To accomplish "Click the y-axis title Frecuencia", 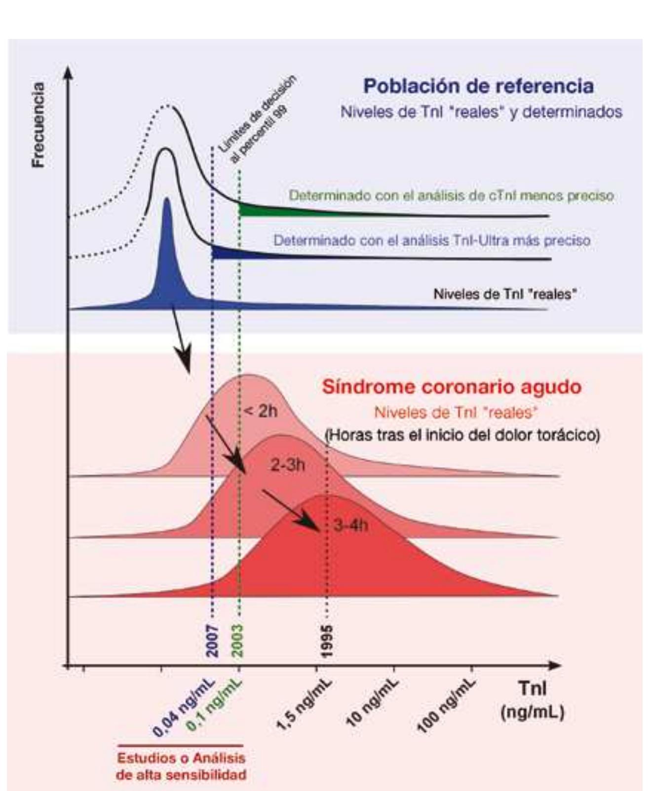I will pyautogui.click(x=38, y=125).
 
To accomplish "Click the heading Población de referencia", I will pyautogui.click(x=478, y=86).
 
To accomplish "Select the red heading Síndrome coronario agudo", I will pyautogui.click(x=451, y=386).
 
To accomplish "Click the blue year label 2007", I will pyautogui.click(x=212, y=640).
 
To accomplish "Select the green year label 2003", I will pyautogui.click(x=238, y=640).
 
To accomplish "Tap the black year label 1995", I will pyautogui.click(x=327, y=640).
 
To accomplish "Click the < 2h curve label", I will pyautogui.click(x=261, y=411).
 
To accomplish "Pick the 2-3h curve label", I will pyautogui.click(x=288, y=464).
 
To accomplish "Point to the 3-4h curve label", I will pyautogui.click(x=350, y=525).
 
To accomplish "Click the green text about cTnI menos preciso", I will pyautogui.click(x=451, y=196).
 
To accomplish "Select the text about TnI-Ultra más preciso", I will pyautogui.click(x=432, y=240).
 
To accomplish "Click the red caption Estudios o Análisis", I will pyautogui.click(x=181, y=758).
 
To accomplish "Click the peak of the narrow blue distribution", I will pyautogui.click(x=166, y=200).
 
